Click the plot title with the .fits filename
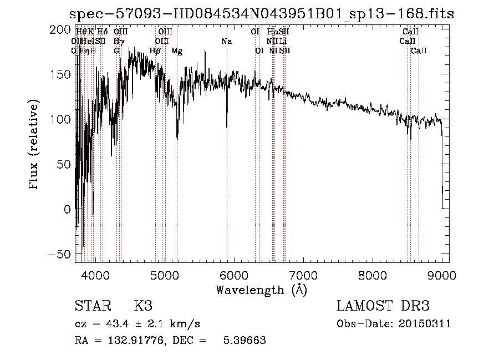pyautogui.click(x=262, y=14)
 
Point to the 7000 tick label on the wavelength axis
pyautogui.click(x=303, y=275)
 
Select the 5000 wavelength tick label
pyautogui.click(x=164, y=275)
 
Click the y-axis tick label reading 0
pyautogui.click(x=67, y=209)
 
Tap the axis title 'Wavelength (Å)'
pyautogui.click(x=262, y=290)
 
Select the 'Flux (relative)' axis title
pyautogui.click(x=35, y=146)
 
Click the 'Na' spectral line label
pyautogui.click(x=226, y=42)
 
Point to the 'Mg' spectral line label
pyautogui.click(x=177, y=51)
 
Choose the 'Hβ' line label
pyautogui.click(x=155, y=51)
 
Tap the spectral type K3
pyautogui.click(x=142, y=306)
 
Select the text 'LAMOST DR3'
pyautogui.click(x=383, y=306)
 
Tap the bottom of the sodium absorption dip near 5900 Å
pyautogui.click(x=227, y=126)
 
